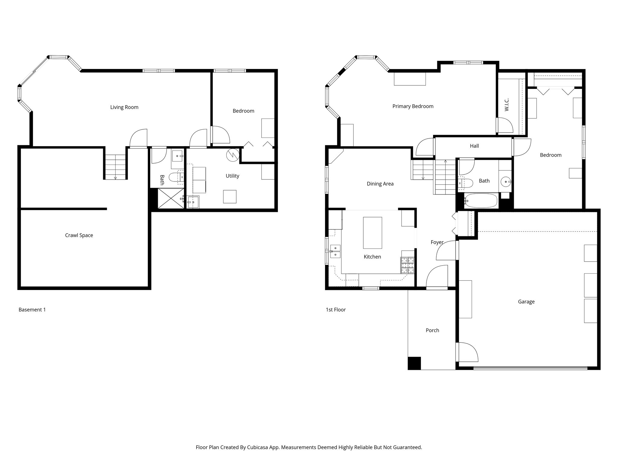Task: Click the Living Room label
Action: [x=124, y=107]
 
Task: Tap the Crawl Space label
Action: [x=79, y=235]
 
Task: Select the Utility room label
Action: [x=232, y=176]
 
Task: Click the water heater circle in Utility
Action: [x=233, y=155]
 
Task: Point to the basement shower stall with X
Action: [x=170, y=198]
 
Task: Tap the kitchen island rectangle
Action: [x=372, y=232]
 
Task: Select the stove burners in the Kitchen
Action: [x=407, y=266]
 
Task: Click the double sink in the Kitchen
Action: [x=335, y=251]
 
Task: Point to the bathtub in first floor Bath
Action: [x=481, y=200]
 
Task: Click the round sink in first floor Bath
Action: [x=505, y=182]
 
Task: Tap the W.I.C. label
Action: [x=507, y=105]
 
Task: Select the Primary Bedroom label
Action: [x=413, y=106]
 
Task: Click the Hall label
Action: [x=474, y=146]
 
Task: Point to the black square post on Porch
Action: [x=414, y=363]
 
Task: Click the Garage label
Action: [x=526, y=302]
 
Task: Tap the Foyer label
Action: [x=437, y=242]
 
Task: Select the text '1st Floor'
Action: [x=336, y=310]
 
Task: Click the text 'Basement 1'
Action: [x=32, y=310]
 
